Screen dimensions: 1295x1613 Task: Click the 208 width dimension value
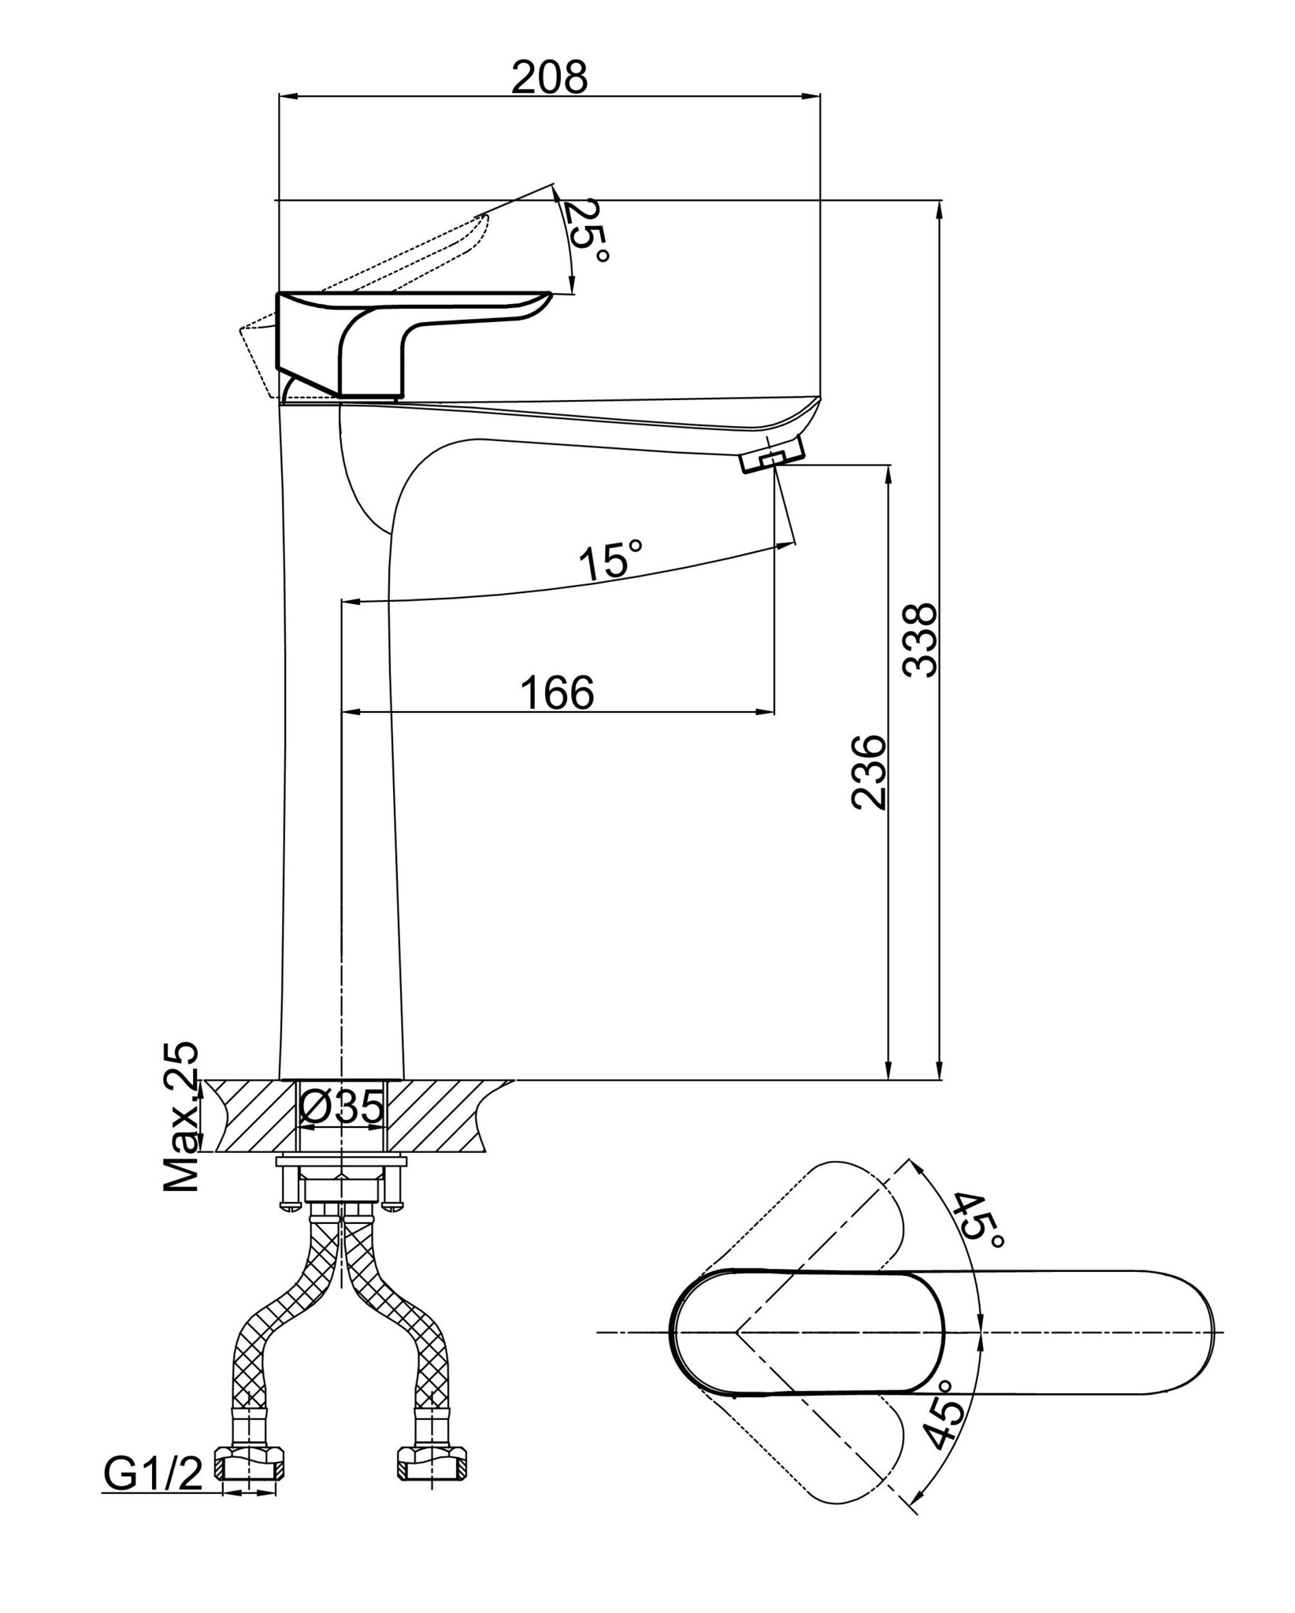click(x=550, y=77)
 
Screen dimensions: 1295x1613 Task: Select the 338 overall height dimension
click(x=919, y=640)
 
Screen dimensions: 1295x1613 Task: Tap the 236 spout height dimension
click(x=869, y=772)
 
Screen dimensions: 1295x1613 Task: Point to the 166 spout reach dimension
click(x=557, y=692)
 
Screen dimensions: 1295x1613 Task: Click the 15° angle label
click(x=611, y=561)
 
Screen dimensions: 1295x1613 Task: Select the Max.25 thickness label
click(x=180, y=1118)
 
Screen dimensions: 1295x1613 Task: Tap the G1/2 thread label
click(x=154, y=1474)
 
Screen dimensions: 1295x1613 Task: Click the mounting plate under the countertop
click(x=341, y=1162)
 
